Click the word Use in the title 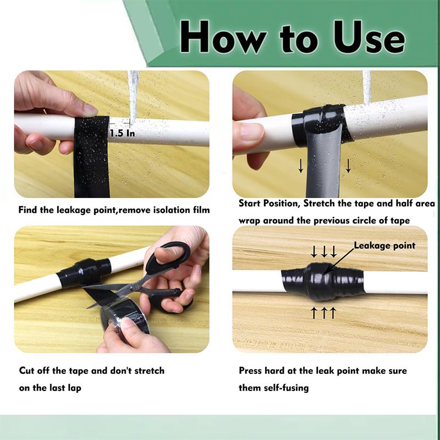(369, 37)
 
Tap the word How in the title (223, 37)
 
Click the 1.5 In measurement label (122, 133)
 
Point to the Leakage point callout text (384, 245)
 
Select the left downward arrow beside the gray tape (301, 166)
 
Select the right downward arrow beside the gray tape (348, 166)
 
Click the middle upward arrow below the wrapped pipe (324, 313)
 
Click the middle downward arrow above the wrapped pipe (324, 251)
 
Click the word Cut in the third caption (26, 370)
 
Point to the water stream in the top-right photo (367, 87)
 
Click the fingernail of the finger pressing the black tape (91, 110)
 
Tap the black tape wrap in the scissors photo (84, 272)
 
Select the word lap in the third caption (74, 388)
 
